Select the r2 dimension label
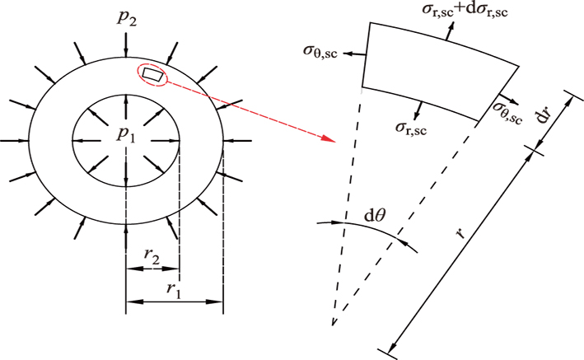pos(151,256)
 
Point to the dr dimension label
pos(543,115)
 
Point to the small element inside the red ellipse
pos(152,75)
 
